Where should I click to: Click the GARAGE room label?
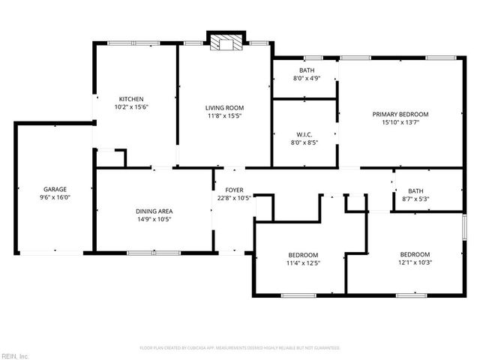click(x=55, y=189)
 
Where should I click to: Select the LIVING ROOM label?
click(x=225, y=108)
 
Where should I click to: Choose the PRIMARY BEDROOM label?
click(x=400, y=114)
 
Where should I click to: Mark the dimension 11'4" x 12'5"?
click(x=303, y=262)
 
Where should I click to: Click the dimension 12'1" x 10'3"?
click(x=414, y=262)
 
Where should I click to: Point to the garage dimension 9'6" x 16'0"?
click(x=55, y=197)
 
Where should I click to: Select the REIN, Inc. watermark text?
click(x=15, y=355)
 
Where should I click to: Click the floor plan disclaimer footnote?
click(x=240, y=348)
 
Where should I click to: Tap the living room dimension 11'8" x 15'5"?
click(x=225, y=116)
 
